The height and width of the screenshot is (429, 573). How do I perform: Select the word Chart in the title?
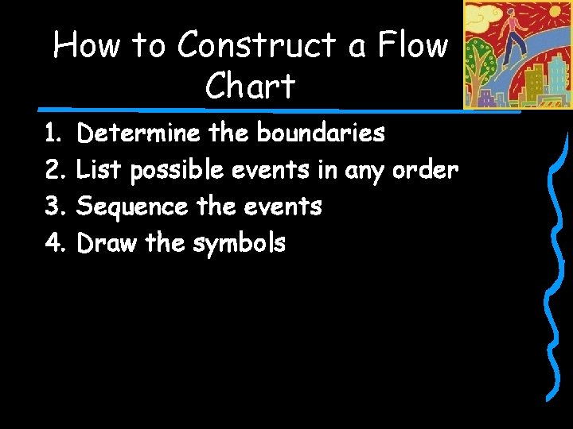pos(250,86)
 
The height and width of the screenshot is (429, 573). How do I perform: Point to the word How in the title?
pos(87,45)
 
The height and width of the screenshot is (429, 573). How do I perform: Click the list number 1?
pos(53,133)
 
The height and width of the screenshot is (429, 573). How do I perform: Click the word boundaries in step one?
pos(320,133)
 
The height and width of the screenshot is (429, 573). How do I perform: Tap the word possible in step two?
pos(177,171)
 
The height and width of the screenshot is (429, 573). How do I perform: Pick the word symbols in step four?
pos(239,244)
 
